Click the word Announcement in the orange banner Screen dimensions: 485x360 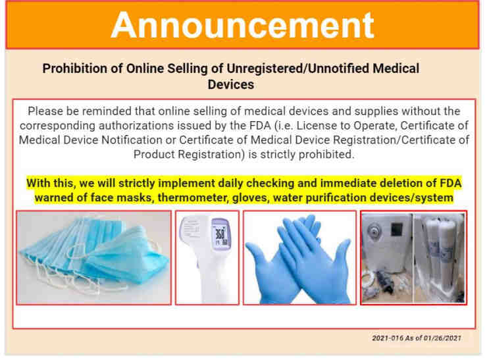[242, 25]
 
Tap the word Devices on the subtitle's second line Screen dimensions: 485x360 [231, 84]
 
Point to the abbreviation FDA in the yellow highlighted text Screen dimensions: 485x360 [450, 183]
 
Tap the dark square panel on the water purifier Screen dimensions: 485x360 [397, 229]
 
